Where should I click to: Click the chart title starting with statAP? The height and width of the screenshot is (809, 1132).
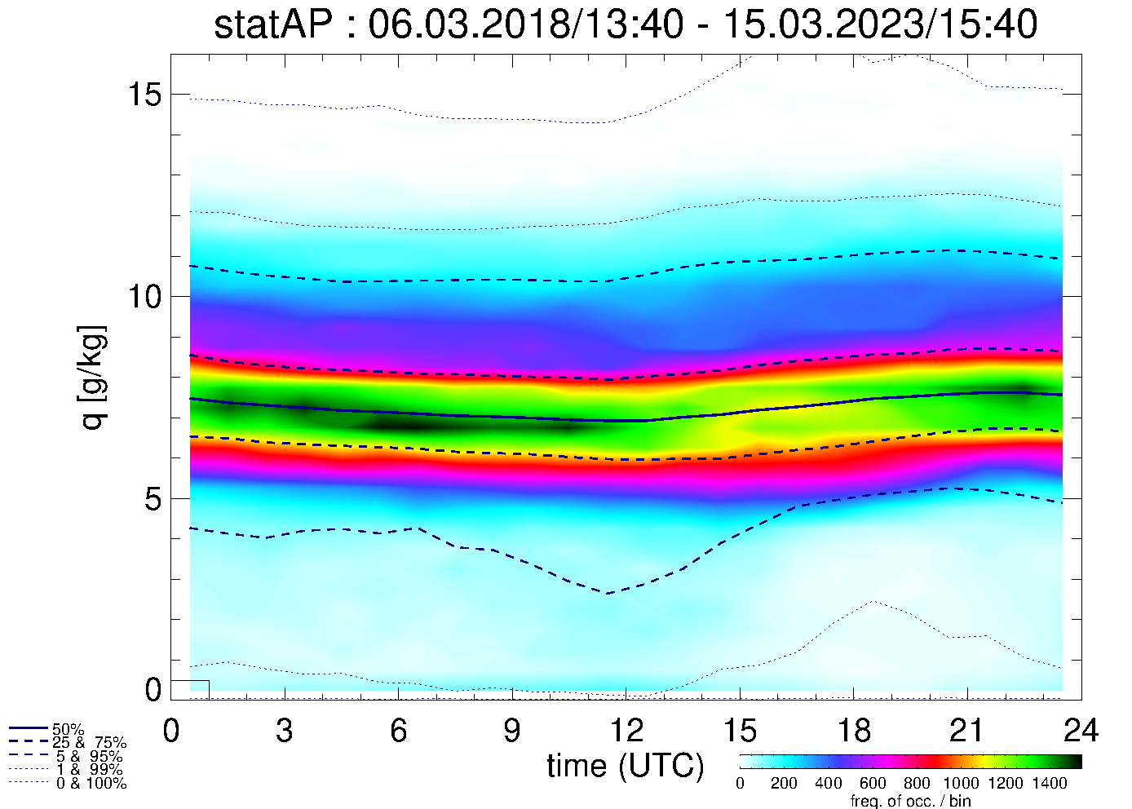[625, 24]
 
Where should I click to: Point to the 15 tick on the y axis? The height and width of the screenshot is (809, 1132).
[143, 95]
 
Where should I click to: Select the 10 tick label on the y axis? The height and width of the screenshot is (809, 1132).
[143, 296]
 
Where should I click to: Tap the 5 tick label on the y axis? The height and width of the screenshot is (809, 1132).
[153, 498]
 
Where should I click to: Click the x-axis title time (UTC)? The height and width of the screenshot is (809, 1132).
[625, 766]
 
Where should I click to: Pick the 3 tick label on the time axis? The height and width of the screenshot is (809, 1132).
[285, 731]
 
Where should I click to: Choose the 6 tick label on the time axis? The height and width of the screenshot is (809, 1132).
[398, 731]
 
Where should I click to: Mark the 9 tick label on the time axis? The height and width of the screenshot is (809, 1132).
[512, 731]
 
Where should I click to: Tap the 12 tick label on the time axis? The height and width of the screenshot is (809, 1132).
[626, 731]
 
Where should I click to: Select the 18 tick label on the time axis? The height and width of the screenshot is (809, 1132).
[853, 731]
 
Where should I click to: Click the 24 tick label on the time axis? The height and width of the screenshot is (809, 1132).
[1081, 731]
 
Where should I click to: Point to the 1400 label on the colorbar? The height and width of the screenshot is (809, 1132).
[1050, 784]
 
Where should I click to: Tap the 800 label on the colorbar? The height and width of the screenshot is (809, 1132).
[917, 784]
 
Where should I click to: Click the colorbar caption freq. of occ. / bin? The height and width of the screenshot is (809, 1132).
[910, 801]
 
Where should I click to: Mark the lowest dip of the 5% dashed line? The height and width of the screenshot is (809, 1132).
[608, 594]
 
